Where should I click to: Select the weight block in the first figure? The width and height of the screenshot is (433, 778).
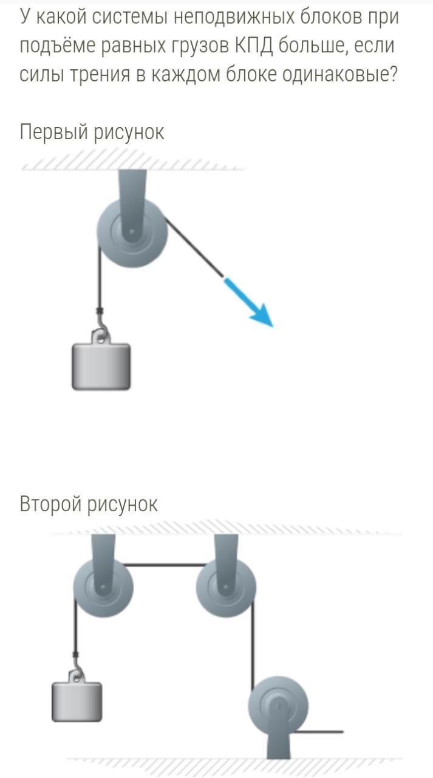pyautogui.click(x=101, y=366)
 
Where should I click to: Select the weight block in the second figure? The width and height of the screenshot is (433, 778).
pyautogui.click(x=77, y=701)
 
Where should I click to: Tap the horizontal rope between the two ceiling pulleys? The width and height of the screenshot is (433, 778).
pyautogui.click(x=164, y=565)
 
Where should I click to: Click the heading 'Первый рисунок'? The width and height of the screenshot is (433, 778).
pyautogui.click(x=92, y=132)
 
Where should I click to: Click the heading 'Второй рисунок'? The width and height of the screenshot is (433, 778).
pyautogui.click(x=89, y=504)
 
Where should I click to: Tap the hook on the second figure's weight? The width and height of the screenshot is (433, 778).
pyautogui.click(x=77, y=673)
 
